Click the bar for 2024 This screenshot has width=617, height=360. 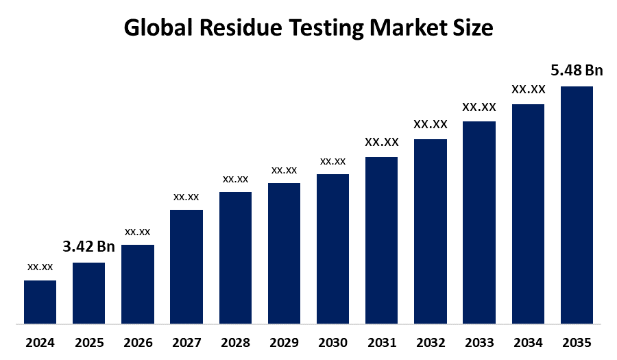tap(40, 302)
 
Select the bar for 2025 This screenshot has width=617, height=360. tap(88, 293)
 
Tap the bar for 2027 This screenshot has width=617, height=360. tap(186, 266)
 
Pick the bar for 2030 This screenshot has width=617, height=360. tap(332, 248)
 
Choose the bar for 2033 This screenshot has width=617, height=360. tap(479, 222)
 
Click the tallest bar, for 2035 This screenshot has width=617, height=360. tap(577, 204)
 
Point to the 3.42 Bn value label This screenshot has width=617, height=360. tap(88, 247)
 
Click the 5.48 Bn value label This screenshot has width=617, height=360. tap(577, 71)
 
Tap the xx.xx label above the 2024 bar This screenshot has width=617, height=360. tap(40, 266)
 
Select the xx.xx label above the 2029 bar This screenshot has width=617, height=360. tap(284, 169)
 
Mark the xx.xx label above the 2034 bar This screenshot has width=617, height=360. tap(528, 89)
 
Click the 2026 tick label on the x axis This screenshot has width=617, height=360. tap(137, 342)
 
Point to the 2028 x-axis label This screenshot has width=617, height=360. tap(235, 342)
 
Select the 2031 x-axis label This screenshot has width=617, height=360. tap(381, 342)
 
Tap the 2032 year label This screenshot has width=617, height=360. tap(430, 342)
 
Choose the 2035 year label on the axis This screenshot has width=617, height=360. tap(577, 342)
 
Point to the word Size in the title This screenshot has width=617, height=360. tap(473, 27)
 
